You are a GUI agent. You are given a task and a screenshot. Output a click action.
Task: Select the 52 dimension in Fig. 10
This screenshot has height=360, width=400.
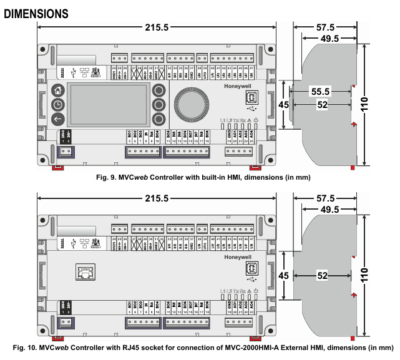pyautogui.click(x=323, y=275)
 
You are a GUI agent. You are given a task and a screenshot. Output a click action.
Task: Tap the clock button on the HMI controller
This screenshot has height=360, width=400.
pyautogui.click(x=57, y=104)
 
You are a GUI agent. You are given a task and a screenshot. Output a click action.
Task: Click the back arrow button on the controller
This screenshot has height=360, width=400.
pyautogui.click(x=57, y=119)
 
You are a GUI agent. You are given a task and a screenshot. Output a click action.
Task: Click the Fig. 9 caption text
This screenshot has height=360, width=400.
pyautogui.click(x=203, y=178)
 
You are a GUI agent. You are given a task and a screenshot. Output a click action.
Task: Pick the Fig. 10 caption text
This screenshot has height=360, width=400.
pyautogui.click(x=203, y=348)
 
